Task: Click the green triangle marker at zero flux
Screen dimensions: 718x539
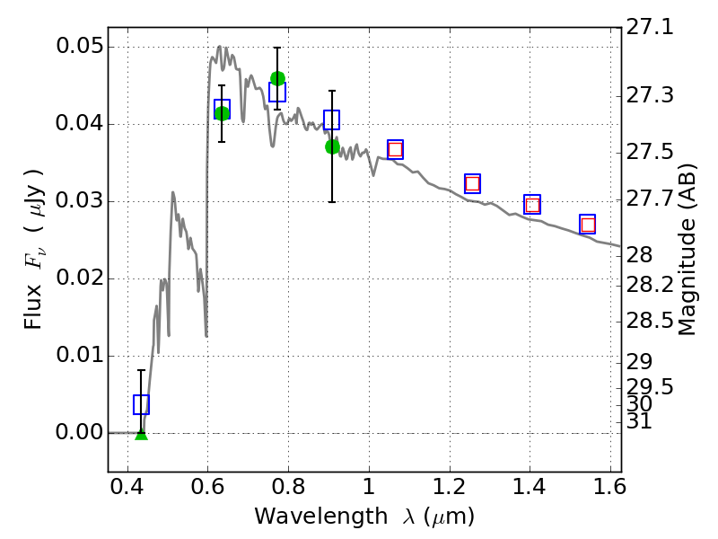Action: pos(142,436)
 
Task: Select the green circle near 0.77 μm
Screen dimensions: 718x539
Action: pos(277,79)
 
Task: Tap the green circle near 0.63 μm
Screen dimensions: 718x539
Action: pos(222,113)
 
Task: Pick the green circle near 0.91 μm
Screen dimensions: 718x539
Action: pos(332,147)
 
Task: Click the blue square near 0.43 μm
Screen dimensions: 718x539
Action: pos(141,404)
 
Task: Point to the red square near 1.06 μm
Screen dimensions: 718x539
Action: pos(395,149)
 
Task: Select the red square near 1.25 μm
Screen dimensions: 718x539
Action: pos(473,184)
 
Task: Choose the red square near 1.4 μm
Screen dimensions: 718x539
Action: pos(532,205)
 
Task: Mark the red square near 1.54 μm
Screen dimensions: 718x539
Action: pos(588,225)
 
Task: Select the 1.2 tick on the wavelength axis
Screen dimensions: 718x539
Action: pos(450,487)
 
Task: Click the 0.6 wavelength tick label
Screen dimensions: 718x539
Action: pos(208,487)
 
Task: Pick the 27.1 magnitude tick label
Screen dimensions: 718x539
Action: pos(650,28)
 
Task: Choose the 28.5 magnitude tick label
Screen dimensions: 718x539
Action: pos(650,321)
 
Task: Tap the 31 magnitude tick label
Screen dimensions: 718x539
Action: pos(639,421)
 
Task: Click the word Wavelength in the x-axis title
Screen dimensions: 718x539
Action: pos(321,517)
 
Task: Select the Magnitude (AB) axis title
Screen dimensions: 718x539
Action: pos(686,250)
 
